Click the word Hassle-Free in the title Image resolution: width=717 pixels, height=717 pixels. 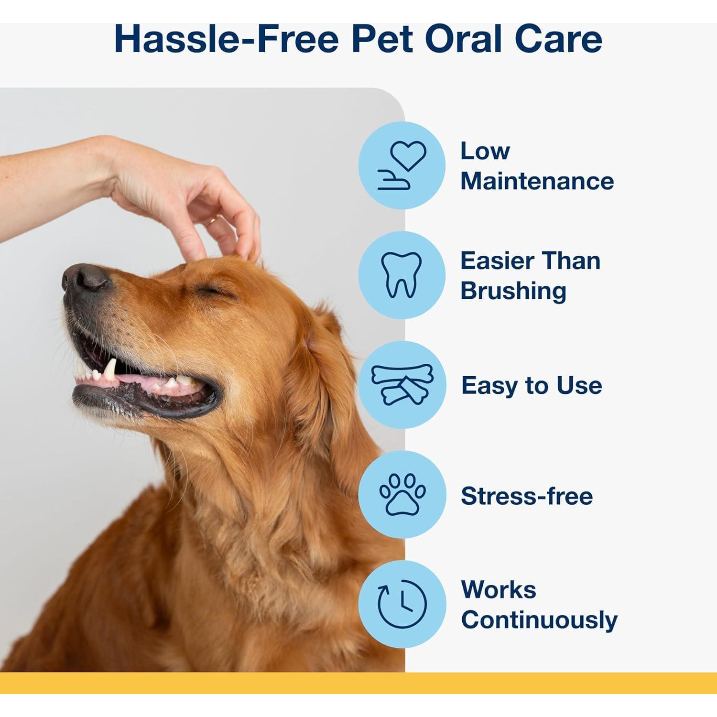click(x=227, y=39)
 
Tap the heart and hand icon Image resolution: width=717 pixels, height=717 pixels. click(x=402, y=165)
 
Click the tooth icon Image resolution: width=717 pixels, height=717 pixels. click(x=402, y=275)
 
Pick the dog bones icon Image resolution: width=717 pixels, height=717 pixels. click(x=402, y=384)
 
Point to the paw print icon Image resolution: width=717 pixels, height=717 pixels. click(x=402, y=494)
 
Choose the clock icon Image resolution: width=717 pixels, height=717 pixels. click(x=402, y=604)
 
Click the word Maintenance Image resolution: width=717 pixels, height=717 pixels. click(x=537, y=181)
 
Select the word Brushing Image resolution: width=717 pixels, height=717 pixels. click(x=513, y=291)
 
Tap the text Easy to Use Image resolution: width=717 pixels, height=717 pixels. click(x=532, y=385)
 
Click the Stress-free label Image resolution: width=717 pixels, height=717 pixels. click(x=527, y=496)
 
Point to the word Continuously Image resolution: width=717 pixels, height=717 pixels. click(x=539, y=620)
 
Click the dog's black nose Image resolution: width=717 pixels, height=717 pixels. click(x=86, y=277)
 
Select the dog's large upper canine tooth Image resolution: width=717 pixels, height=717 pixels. click(x=111, y=369)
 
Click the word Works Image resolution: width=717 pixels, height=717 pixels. click(x=499, y=589)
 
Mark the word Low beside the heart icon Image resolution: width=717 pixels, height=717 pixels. click(x=485, y=151)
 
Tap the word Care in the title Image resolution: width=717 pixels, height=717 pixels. click(x=558, y=39)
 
